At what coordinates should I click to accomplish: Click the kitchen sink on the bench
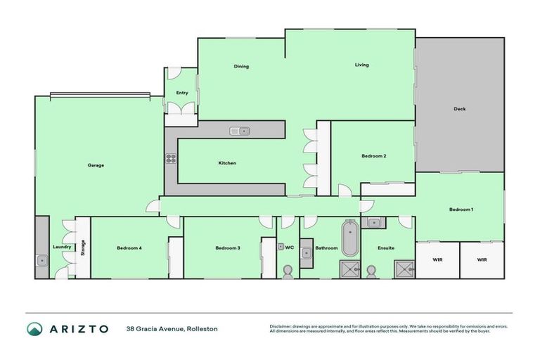(240, 130)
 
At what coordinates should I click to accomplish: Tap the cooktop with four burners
(170, 158)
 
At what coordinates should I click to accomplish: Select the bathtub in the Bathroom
(349, 239)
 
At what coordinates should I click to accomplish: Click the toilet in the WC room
(288, 271)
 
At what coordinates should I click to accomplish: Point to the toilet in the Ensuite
(372, 271)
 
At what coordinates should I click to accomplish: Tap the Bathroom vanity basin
(307, 253)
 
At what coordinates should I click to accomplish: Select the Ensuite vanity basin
(374, 224)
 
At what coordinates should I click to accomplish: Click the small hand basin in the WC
(280, 247)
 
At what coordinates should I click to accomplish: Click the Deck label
(459, 109)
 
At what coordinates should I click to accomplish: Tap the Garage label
(96, 165)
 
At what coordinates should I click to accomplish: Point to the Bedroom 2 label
(373, 156)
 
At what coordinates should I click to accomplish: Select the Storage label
(83, 247)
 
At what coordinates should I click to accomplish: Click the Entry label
(181, 93)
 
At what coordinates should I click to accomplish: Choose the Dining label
(241, 67)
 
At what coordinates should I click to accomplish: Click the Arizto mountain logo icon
(34, 328)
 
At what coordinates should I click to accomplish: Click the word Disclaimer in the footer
(281, 326)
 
